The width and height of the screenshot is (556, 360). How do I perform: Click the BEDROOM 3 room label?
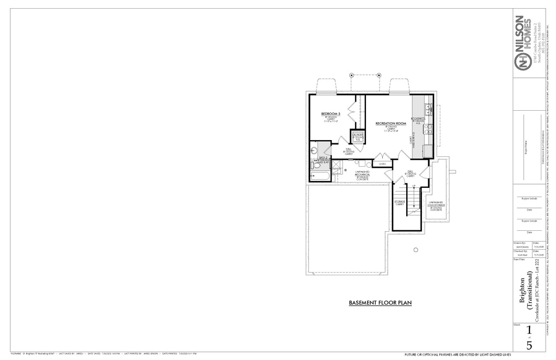click(331, 113)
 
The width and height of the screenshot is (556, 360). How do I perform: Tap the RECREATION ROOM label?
click(391, 124)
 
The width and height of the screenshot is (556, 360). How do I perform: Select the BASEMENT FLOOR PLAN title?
click(380, 302)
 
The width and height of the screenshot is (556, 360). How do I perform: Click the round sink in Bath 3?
click(314, 150)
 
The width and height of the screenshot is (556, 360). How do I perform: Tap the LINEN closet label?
click(382, 164)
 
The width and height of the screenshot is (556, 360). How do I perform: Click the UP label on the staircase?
click(414, 186)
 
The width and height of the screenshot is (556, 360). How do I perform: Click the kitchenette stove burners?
click(428, 129)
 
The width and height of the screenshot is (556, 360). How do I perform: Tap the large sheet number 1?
click(529, 330)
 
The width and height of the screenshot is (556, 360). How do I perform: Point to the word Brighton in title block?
click(522, 290)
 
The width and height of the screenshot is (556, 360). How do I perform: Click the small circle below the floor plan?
click(415, 250)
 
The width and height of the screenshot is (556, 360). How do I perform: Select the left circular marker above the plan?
click(351, 74)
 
